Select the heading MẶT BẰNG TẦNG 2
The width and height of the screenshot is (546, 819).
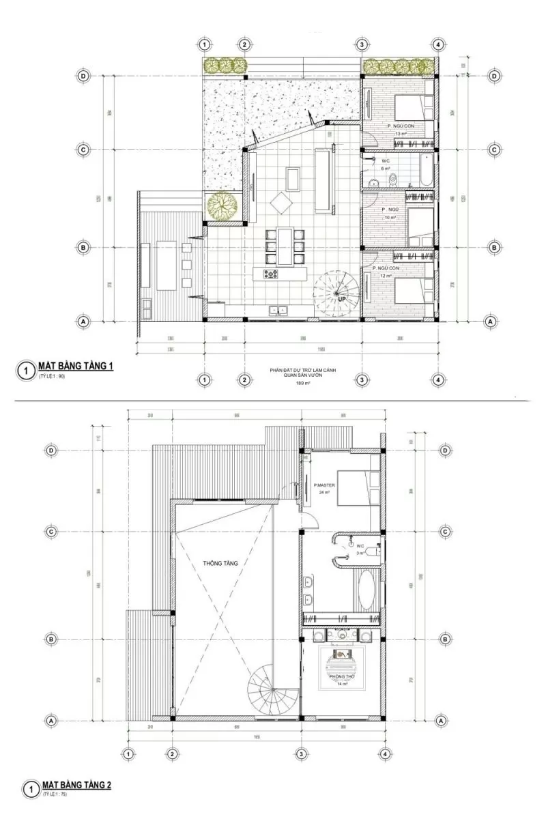[76, 786]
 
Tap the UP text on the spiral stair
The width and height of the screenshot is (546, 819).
[340, 298]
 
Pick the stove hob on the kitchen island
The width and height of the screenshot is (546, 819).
[271, 274]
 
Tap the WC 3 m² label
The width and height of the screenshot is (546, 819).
[361, 549]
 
